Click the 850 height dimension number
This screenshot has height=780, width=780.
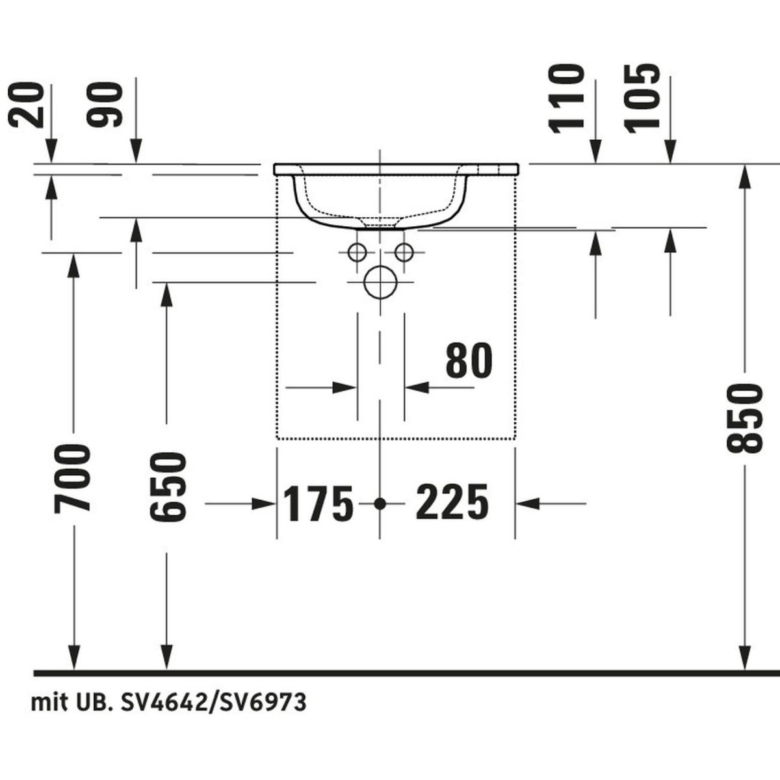pos(744,419)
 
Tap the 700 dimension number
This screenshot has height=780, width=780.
pos(72,479)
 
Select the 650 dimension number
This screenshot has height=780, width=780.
pos(168,487)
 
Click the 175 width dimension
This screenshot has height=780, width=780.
pos(318,503)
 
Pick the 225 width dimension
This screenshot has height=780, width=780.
pos(452,502)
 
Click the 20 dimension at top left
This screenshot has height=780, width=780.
pos(26,105)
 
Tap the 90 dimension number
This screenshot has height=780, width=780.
pos(104,105)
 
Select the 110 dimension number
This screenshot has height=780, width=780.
pos(567,99)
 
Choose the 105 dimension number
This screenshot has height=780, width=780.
pos(643,99)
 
